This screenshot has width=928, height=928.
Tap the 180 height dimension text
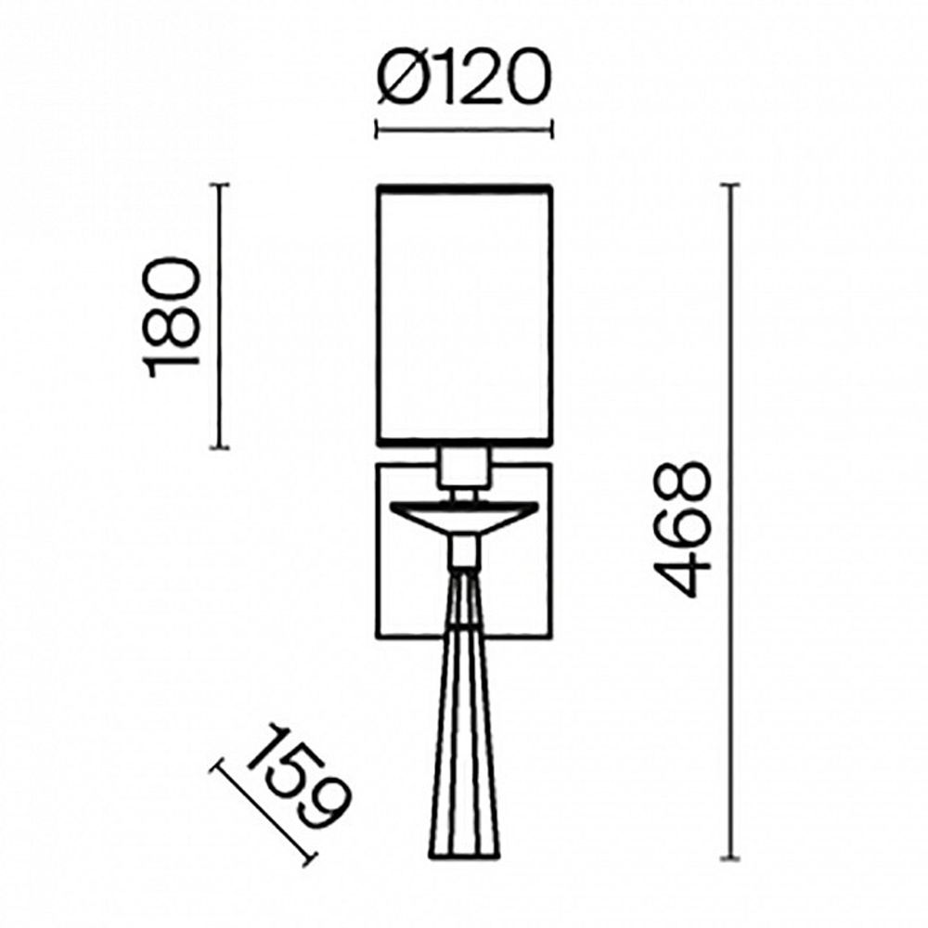click(x=174, y=316)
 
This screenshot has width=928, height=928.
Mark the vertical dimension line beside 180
click(x=219, y=316)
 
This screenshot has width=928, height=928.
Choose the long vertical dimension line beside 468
click(x=732, y=520)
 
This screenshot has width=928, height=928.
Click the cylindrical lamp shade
click(x=463, y=316)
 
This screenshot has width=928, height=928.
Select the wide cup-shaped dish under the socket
click(x=463, y=515)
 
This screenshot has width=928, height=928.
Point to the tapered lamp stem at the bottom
click(x=463, y=705)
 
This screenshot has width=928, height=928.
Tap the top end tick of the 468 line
click(x=732, y=187)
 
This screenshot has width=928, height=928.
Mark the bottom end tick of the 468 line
click(x=732, y=856)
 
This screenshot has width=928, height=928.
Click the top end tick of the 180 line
click(x=219, y=186)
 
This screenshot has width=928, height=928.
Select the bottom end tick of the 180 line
click(x=219, y=448)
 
